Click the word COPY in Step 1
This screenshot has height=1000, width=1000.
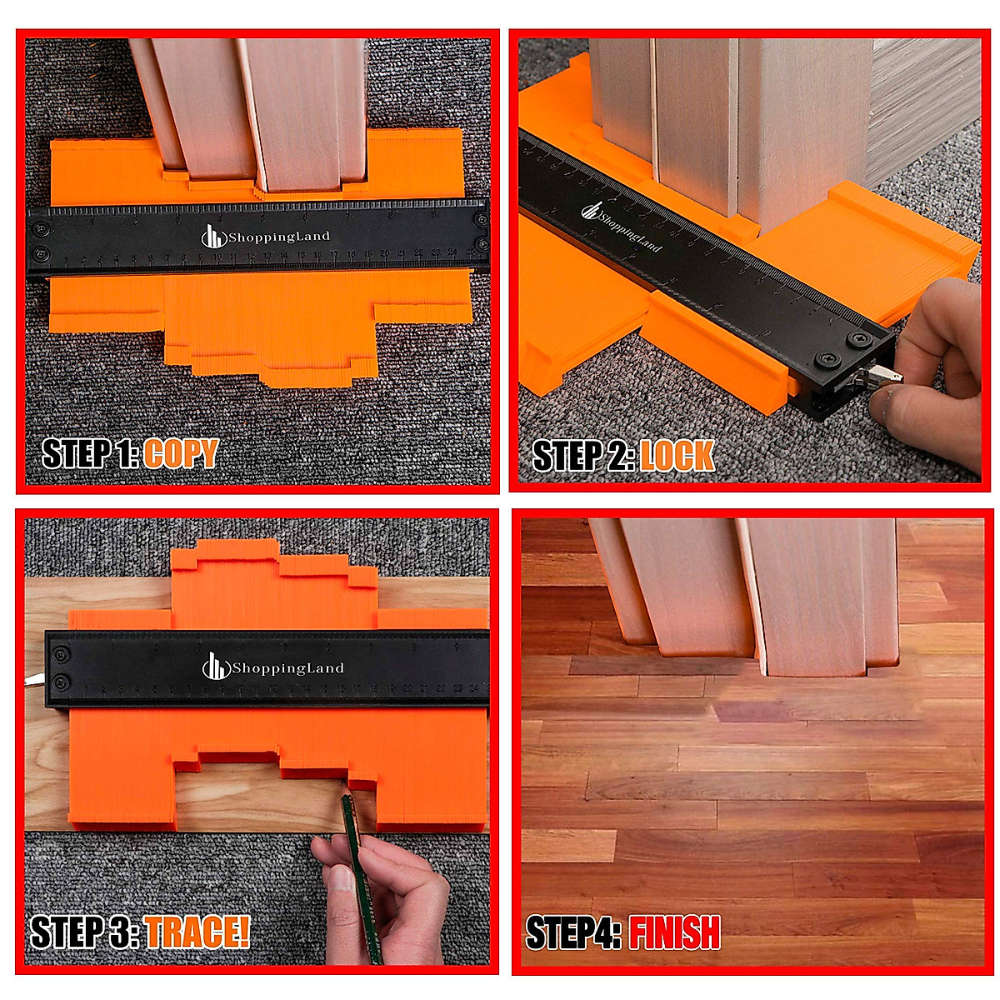pos(180,454)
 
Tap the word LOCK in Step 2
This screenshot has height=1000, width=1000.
pos(677,456)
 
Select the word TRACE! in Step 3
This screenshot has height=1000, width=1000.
pos(197,932)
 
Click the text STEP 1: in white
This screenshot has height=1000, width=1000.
pos(90,454)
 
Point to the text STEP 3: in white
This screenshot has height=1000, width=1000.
pos(83,932)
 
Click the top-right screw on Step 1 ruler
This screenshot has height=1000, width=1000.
pos(480,218)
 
